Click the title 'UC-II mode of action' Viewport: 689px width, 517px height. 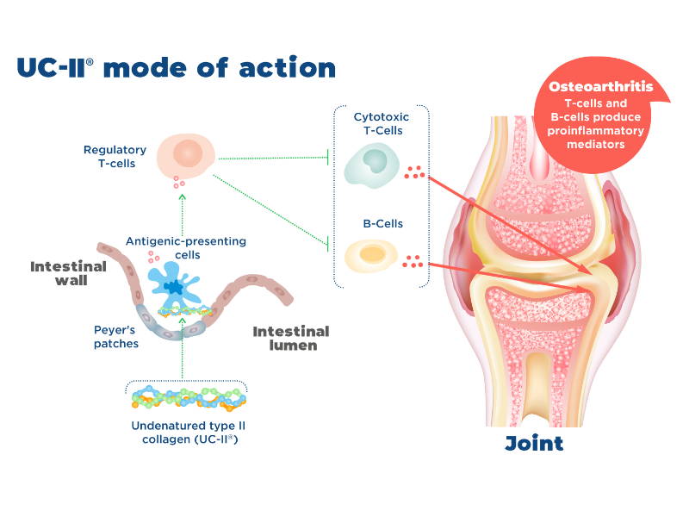point(176,68)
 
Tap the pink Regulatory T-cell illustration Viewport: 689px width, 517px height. point(188,154)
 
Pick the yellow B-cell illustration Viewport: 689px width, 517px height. point(371,255)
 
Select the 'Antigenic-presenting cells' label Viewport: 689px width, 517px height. point(186,247)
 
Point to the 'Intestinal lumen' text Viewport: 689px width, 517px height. point(291,339)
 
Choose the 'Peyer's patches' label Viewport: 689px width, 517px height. point(121,336)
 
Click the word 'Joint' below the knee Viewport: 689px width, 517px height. point(534,444)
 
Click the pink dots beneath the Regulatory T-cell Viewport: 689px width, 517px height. point(178,183)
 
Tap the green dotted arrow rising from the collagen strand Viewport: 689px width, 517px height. point(183,353)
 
